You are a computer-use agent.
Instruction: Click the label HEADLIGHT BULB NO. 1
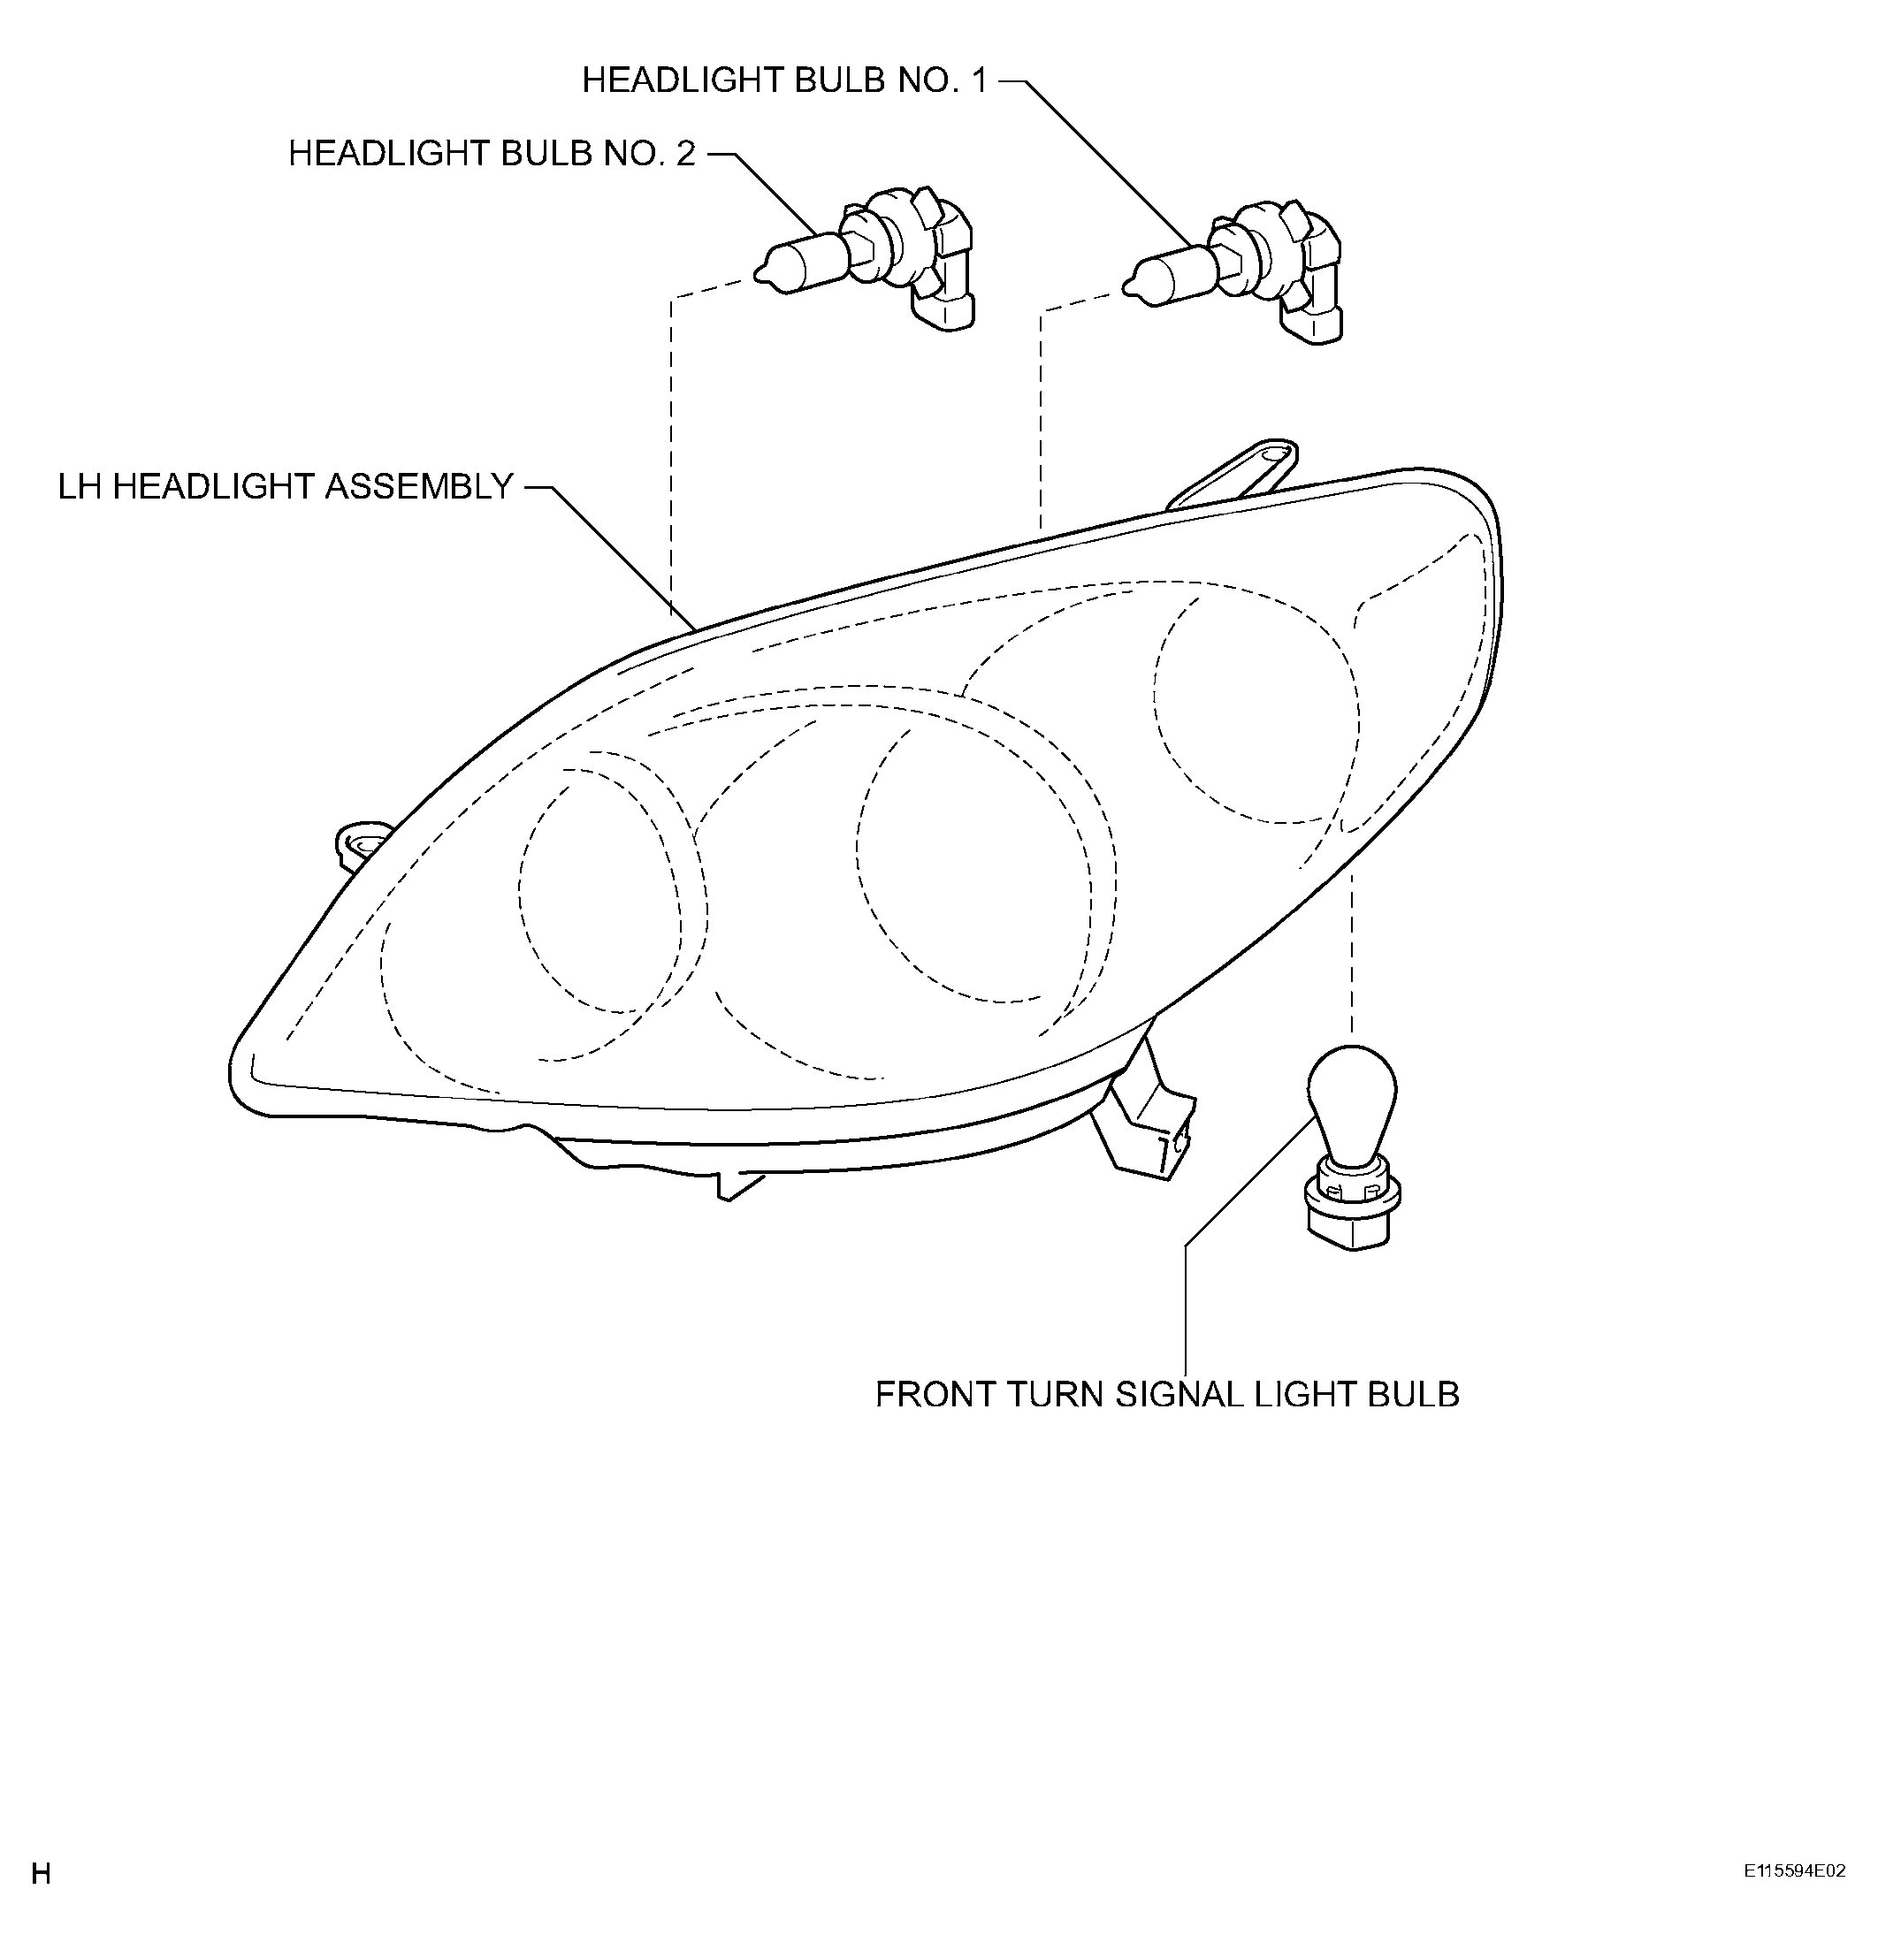pos(784,80)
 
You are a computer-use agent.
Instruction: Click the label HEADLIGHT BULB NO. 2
pos(492,153)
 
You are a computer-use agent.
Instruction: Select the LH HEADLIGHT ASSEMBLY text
pos(286,486)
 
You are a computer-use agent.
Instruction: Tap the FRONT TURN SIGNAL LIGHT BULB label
pos(1166,1394)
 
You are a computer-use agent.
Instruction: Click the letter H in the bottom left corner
pos(41,1874)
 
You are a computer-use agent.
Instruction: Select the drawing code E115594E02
pos(1794,1871)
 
